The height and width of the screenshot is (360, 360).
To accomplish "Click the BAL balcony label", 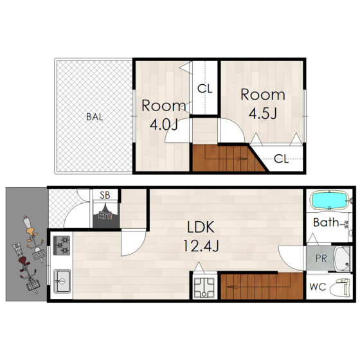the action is tap(94, 117).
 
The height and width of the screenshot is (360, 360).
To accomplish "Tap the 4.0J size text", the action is tap(164, 125).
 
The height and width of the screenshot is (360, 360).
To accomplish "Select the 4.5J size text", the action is tap(263, 113).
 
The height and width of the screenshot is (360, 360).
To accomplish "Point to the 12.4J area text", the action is tap(201, 246).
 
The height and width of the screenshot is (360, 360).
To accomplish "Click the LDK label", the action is tap(201, 227).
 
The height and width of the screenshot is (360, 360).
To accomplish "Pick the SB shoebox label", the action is tap(105, 195).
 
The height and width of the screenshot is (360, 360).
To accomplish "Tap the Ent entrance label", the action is tap(105, 215).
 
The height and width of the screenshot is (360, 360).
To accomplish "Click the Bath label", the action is tap(326, 222).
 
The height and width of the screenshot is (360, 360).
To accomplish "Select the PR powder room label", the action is tap(321, 258).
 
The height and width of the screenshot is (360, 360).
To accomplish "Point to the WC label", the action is tap(318, 287).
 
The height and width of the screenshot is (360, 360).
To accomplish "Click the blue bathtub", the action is tap(330, 201).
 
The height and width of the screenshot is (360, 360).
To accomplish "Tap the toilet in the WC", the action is tap(340, 287).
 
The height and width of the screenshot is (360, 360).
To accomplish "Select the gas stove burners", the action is tap(62, 246).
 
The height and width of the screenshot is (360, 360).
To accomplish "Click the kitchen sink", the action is tap(62, 281).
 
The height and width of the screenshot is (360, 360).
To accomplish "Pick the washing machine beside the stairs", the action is tap(204, 288).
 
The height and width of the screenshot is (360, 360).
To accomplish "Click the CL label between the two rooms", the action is tap(205, 89).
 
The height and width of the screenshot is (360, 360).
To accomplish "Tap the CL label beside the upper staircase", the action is tap(281, 158).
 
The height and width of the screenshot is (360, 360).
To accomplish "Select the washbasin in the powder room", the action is tap(342, 259).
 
